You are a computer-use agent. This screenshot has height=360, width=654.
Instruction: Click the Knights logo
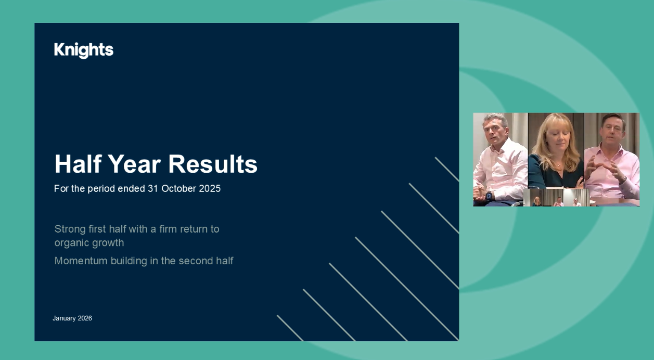(x=83, y=50)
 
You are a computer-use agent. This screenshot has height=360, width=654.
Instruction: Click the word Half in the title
(x=78, y=164)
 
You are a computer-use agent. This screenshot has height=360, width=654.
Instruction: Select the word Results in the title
(x=213, y=164)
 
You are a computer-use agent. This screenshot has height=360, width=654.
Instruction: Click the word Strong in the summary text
(x=69, y=229)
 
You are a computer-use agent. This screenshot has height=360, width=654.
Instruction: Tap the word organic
(x=71, y=243)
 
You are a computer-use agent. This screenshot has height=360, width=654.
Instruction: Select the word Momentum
(x=81, y=261)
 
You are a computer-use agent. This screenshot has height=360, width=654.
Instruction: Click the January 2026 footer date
(x=72, y=318)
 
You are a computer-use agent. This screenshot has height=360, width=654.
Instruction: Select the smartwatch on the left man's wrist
(x=489, y=196)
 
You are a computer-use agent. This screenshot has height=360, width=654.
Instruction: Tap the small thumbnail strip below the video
(x=556, y=198)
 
